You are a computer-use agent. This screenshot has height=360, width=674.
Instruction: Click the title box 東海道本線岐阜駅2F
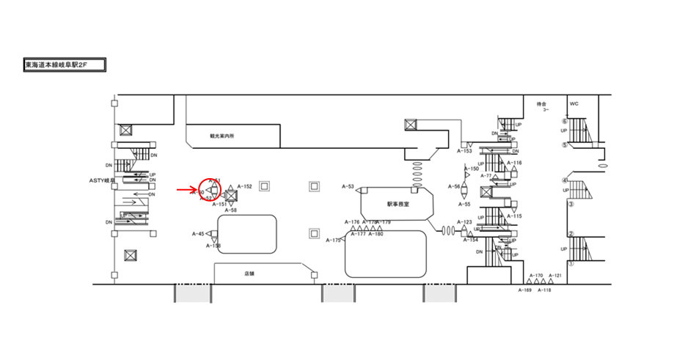(65, 65)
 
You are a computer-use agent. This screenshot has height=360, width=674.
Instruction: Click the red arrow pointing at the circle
(186, 190)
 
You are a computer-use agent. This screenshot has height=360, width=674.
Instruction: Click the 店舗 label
(249, 273)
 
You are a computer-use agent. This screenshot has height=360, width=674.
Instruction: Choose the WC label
(574, 104)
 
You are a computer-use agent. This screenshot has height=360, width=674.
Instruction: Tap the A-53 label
(348, 187)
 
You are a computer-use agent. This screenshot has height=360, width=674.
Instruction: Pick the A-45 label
(198, 234)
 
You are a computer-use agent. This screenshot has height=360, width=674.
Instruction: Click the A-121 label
(555, 276)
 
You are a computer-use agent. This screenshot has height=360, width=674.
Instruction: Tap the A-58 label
(230, 210)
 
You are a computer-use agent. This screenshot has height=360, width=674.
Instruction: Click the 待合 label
(541, 104)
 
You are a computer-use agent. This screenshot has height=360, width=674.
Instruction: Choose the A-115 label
(514, 216)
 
